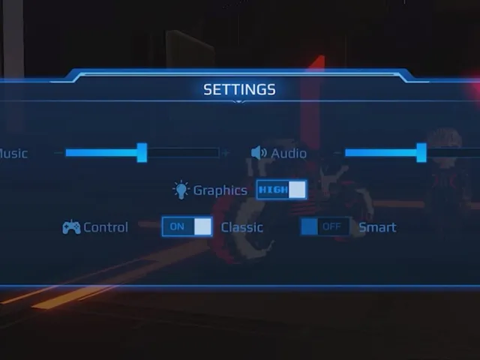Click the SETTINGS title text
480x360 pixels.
pyautogui.click(x=239, y=89)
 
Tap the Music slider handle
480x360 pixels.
pyautogui.click(x=142, y=152)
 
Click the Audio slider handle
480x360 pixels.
pyautogui.click(x=421, y=152)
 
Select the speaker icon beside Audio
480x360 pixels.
pyautogui.click(x=259, y=153)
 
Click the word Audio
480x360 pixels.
pyautogui.click(x=289, y=153)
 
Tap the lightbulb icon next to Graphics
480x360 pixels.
pyautogui.click(x=181, y=190)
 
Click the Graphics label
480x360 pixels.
pyautogui.click(x=220, y=190)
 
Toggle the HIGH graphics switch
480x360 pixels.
pyautogui.click(x=282, y=190)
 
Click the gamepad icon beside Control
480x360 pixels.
pyautogui.click(x=71, y=226)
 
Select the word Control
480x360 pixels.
pyautogui.click(x=106, y=227)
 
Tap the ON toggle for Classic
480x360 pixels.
pyautogui.click(x=187, y=226)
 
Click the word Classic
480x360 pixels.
pyautogui.click(x=241, y=227)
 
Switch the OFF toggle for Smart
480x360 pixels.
pyautogui.click(x=325, y=226)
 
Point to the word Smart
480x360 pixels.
pyautogui.click(x=377, y=227)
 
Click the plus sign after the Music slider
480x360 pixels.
pyautogui.click(x=226, y=152)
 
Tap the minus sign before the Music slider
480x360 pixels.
pyautogui.click(x=58, y=152)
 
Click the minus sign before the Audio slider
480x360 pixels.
pyautogui.click(x=337, y=152)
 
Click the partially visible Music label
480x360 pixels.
pyautogui.click(x=13, y=153)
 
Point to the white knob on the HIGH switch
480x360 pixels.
pyautogui.click(x=297, y=190)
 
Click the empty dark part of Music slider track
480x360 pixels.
pyautogui.click(x=183, y=152)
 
